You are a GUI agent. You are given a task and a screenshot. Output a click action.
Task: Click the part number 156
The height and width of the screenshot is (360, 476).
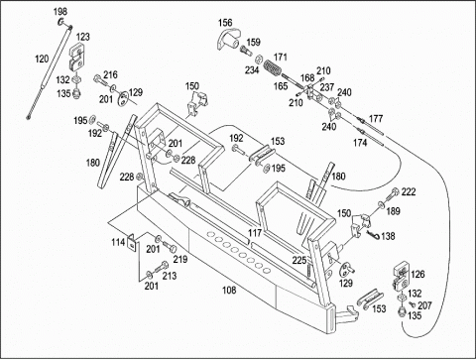coord(225,23)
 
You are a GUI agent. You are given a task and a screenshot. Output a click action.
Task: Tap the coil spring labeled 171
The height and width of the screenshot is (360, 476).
coord(273,67)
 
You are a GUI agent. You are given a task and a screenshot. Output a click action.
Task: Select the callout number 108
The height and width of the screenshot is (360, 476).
coord(229,291)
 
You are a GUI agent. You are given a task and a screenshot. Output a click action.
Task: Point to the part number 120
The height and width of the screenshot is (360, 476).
coord(42,60)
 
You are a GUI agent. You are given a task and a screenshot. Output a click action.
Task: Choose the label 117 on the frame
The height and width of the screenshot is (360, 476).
coord(255,233)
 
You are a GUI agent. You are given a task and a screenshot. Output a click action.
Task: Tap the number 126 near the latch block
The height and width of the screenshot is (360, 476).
coord(417,274)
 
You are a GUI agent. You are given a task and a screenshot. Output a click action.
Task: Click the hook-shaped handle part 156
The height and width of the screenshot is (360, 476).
coord(229,41)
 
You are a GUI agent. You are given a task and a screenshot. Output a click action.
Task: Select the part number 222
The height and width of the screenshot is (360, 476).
coord(409,191)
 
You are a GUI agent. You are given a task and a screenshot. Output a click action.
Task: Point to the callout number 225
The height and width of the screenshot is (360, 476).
coord(299,261)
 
